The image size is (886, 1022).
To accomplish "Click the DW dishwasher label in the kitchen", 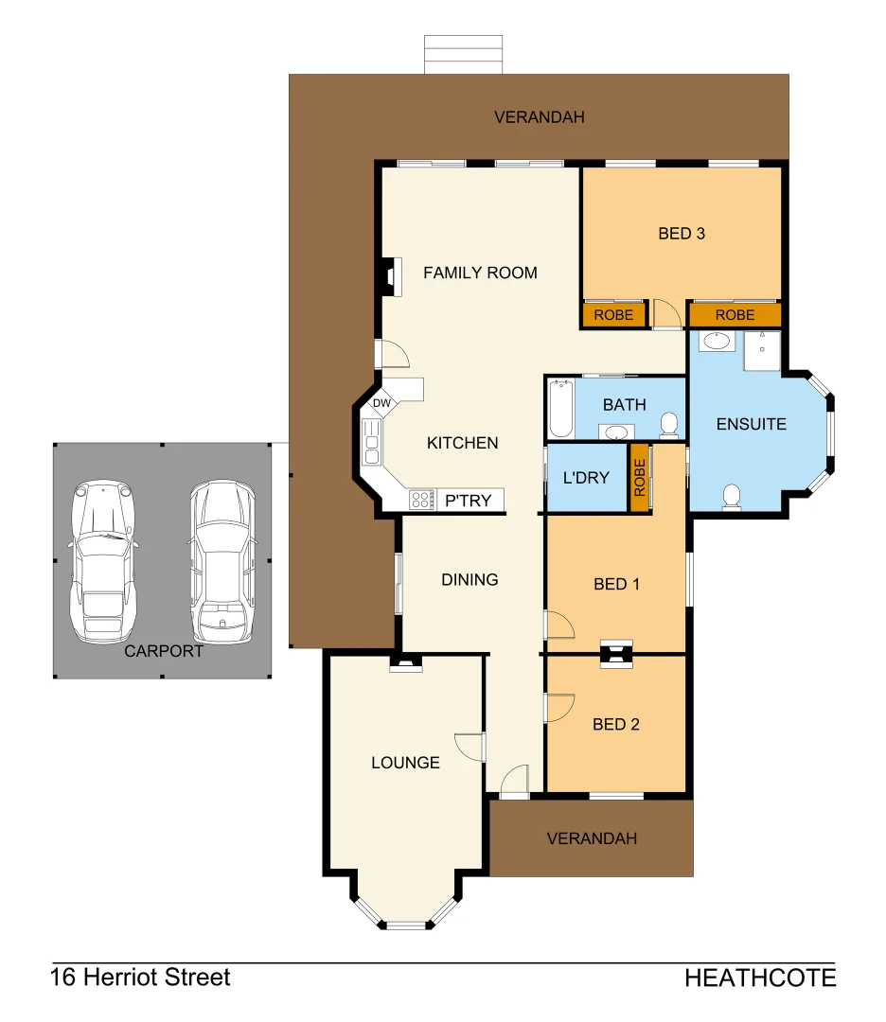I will [381, 404].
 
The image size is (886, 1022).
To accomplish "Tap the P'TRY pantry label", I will [469, 501].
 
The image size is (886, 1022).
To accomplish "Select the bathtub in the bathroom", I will [559, 409].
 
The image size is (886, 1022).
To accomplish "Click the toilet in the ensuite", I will [732, 496].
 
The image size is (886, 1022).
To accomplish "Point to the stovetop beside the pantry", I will [421, 500].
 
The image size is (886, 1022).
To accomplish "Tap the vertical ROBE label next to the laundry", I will [640, 477].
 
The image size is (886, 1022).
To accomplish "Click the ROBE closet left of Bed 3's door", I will [613, 315].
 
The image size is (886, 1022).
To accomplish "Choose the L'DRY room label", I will [586, 478].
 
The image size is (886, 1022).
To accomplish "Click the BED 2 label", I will [616, 725].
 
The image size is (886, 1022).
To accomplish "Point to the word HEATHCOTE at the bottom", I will [760, 978].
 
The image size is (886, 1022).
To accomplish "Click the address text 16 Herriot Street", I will [140, 978].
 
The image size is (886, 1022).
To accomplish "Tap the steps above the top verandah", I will [463, 55].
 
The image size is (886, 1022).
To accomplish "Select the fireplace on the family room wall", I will [387, 276].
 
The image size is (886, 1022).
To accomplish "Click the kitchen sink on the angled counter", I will [371, 441].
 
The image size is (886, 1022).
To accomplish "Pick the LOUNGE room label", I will [405, 763].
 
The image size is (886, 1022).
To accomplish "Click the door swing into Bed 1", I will [558, 625].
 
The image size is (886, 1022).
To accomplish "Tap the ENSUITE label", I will [752, 424].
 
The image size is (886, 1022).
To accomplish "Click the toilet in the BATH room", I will [669, 425].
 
